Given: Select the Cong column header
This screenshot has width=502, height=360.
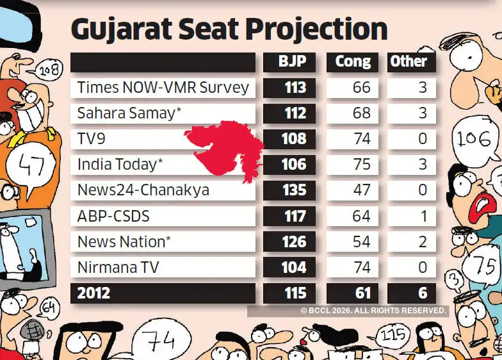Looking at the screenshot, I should [353, 61].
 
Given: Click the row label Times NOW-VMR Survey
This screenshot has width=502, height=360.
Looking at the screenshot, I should [163, 88].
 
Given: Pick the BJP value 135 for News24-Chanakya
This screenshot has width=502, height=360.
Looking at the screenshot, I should [293, 190].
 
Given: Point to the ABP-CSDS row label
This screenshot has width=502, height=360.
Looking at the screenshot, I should [113, 216].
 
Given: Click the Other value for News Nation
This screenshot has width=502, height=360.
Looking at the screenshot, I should [422, 242].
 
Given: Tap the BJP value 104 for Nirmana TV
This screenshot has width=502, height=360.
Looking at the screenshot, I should [293, 268].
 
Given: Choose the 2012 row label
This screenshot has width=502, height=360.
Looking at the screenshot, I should [93, 293].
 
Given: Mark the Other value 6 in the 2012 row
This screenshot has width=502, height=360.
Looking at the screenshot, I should [422, 293].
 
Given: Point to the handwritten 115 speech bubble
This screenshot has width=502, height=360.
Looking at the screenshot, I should [392, 335].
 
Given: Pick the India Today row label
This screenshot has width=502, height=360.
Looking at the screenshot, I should [120, 165].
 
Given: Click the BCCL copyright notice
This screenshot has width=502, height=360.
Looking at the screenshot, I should [373, 310].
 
